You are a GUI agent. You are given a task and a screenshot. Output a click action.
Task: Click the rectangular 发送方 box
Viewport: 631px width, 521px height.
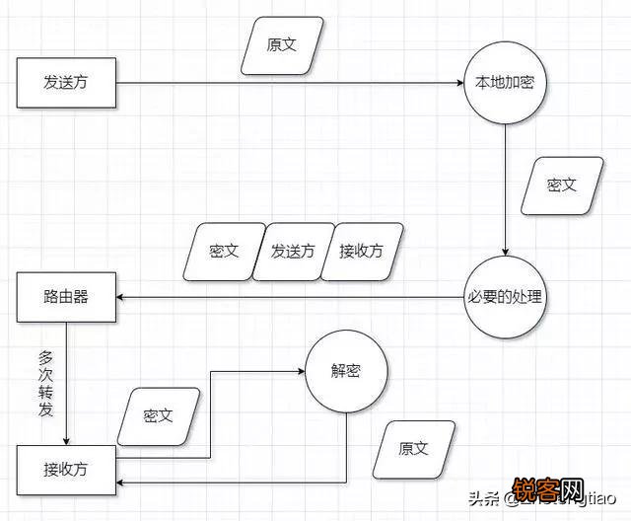click(x=67, y=83)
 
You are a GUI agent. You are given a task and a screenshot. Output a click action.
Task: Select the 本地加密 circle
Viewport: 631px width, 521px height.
click(x=506, y=83)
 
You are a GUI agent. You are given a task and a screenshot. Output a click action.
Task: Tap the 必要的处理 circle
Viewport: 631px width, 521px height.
click(x=505, y=296)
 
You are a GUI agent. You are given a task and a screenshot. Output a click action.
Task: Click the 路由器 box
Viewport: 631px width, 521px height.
click(x=67, y=296)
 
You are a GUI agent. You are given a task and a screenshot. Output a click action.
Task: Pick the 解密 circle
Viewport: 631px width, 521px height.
click(x=347, y=372)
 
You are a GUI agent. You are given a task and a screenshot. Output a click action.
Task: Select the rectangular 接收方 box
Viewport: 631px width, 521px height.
click(x=67, y=469)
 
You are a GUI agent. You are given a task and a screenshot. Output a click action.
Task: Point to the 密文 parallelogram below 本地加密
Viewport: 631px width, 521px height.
click(x=559, y=185)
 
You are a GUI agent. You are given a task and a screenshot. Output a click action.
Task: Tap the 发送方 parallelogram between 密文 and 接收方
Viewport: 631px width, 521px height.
click(x=293, y=251)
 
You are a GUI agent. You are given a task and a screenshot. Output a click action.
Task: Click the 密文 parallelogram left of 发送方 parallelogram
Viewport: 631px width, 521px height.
click(x=224, y=251)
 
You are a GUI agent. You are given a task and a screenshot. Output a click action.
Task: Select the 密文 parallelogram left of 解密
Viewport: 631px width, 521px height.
click(x=158, y=415)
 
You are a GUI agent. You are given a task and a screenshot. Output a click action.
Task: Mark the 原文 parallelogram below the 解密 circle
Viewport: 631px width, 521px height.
click(x=414, y=448)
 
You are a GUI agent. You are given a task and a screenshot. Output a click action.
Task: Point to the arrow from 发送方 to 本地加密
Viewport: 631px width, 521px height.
click(x=296, y=84)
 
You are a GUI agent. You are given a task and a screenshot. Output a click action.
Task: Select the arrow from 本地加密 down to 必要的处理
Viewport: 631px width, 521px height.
click(x=506, y=187)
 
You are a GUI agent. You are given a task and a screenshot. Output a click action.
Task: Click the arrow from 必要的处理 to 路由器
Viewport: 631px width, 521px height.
click(x=296, y=297)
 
